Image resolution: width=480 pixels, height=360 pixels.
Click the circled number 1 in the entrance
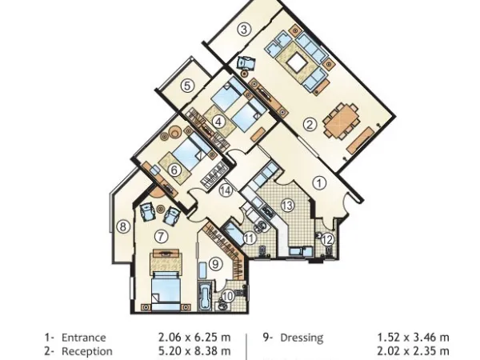pyautogui.click(x=318, y=182)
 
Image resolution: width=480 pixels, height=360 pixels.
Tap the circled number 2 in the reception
pyautogui.click(x=309, y=124)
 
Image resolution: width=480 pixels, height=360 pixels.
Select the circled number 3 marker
pyautogui.click(x=244, y=30)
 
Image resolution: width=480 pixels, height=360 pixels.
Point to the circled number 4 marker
pyautogui.click(x=217, y=122)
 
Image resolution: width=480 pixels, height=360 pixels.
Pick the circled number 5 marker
pyautogui.click(x=186, y=85)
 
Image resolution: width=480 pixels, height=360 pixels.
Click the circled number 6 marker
pyautogui.click(x=174, y=170)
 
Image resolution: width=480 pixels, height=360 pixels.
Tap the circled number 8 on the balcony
pyautogui.click(x=122, y=226)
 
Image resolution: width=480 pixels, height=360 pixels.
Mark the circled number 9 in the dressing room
pyautogui.click(x=214, y=263)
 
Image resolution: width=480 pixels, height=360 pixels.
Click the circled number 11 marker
pyautogui.click(x=250, y=237)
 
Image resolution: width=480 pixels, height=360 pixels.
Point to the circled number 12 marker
pyautogui.click(x=326, y=238)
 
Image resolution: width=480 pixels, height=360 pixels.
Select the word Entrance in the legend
pyautogui.click(x=83, y=338)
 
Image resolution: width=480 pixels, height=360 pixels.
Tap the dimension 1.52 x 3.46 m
pyautogui.click(x=413, y=338)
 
